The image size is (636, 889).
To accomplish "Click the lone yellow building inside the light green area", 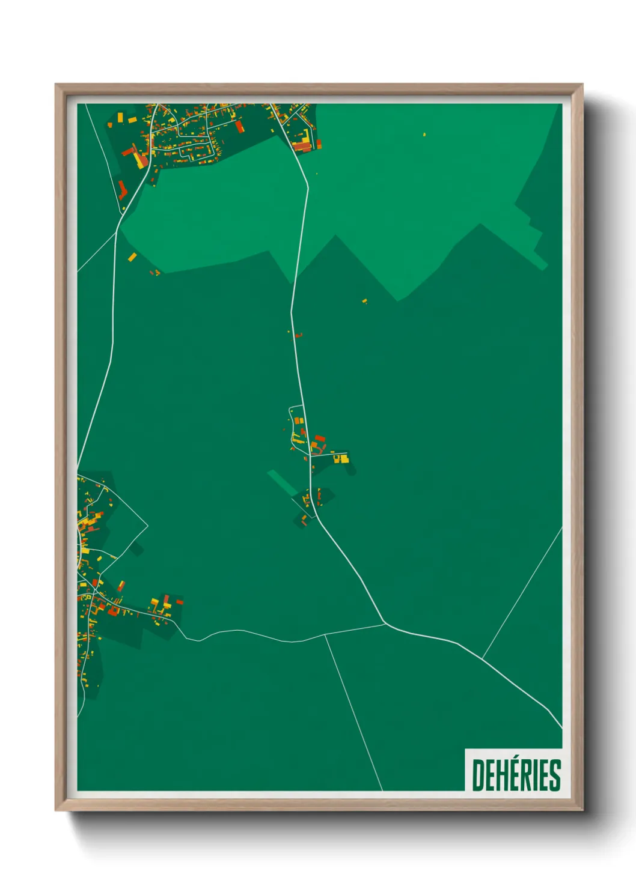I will [x=424, y=134].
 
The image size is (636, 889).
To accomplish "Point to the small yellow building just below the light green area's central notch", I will [x=364, y=300].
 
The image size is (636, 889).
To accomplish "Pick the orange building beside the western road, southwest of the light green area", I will [x=132, y=257].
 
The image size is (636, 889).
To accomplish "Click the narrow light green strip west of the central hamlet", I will [x=282, y=482].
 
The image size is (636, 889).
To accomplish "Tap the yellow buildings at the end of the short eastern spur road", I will [x=341, y=459].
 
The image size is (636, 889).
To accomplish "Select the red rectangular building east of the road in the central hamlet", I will [x=320, y=438].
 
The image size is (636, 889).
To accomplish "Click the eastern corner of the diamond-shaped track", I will [x=148, y=527].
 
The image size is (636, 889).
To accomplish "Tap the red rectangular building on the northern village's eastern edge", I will [x=239, y=126].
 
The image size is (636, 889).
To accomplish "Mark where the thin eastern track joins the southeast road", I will [x=482, y=658].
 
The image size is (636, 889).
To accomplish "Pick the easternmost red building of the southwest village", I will [x=179, y=601].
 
